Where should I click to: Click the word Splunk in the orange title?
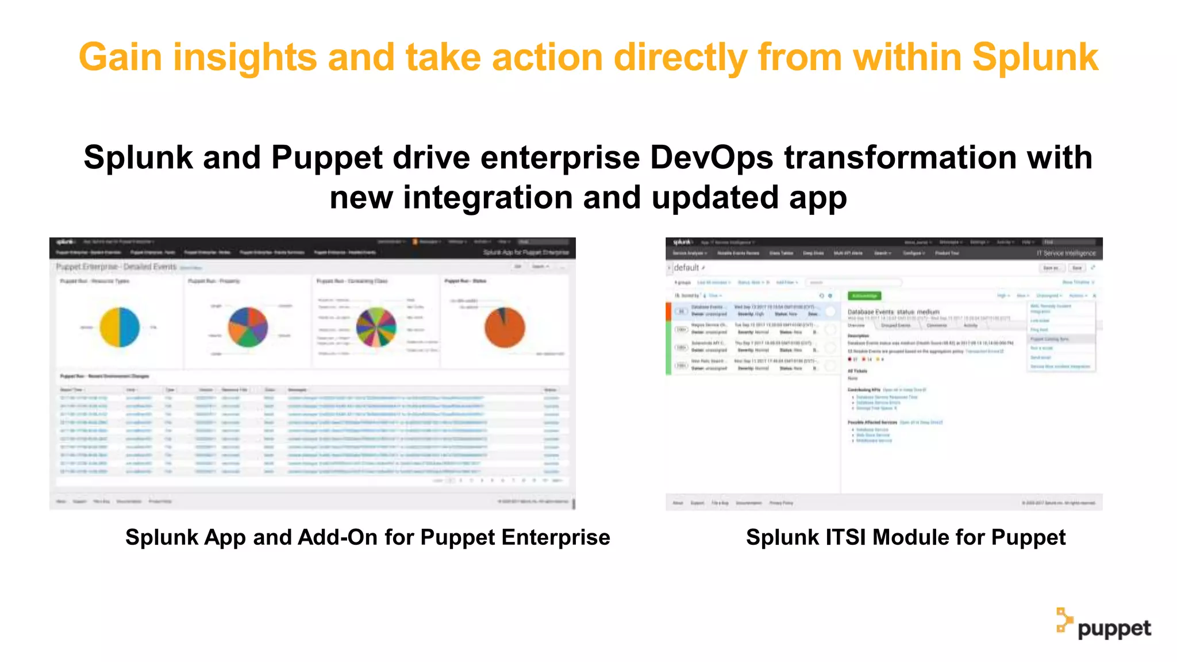click(x=1035, y=57)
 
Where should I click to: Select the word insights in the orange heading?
click(x=245, y=57)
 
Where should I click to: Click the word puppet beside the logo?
click(x=1114, y=629)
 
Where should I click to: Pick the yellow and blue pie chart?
click(x=120, y=327)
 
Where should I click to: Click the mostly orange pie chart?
click(x=505, y=327)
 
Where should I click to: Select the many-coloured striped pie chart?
click(x=376, y=327)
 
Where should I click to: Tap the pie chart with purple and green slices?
click(x=248, y=327)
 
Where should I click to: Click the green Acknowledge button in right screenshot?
click(x=864, y=295)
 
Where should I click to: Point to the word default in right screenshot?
click(x=686, y=268)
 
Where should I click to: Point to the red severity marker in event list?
click(x=668, y=311)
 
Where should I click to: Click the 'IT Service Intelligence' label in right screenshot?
click(x=1066, y=253)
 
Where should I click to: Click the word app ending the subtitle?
click(x=818, y=198)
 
